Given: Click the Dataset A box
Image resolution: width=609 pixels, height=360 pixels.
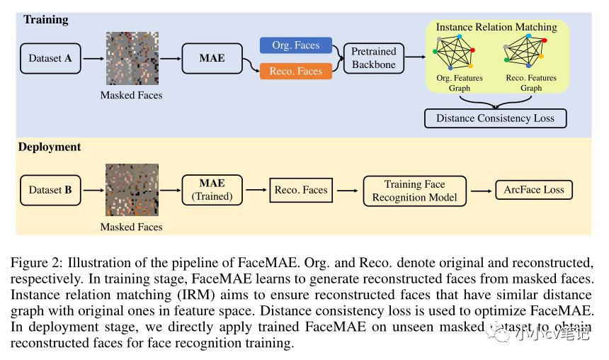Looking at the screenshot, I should [50, 58].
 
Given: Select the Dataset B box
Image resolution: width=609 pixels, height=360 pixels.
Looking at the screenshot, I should [50, 190].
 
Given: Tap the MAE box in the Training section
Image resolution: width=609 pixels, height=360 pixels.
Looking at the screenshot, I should [212, 58].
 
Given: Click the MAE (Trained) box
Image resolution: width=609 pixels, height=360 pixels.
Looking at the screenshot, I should [212, 190].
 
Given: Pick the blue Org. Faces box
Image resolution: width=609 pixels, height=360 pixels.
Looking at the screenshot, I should [296, 45].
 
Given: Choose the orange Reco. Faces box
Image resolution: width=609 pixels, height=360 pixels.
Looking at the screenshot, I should [296, 71].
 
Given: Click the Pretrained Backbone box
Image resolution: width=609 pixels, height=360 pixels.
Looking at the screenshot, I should [374, 58].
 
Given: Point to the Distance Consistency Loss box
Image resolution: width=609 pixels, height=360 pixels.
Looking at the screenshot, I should [495, 118].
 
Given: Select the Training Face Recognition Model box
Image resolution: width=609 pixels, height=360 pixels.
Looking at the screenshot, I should [414, 190].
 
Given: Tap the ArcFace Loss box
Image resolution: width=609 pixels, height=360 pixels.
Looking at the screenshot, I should [533, 190].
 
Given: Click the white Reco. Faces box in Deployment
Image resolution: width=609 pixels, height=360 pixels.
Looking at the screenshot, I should [300, 190].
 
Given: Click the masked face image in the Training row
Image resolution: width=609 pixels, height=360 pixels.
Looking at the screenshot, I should [132, 58].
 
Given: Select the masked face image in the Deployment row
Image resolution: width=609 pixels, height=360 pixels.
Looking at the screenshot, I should [132, 190].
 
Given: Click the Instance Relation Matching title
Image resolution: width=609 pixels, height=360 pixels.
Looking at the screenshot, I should [496, 27].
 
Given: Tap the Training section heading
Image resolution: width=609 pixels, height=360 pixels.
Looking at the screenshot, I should [46, 20].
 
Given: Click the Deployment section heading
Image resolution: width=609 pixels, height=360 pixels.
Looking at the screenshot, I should [50, 147].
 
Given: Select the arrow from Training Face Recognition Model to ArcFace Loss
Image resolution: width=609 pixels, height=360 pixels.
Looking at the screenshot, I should [481, 190].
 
